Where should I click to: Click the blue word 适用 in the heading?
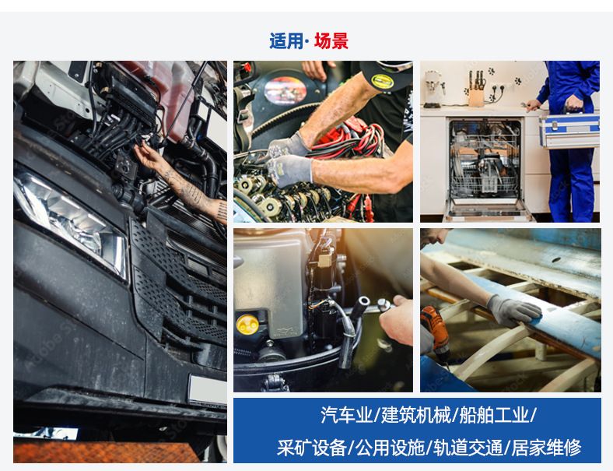tap(286, 41)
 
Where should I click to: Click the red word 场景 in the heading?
tap(331, 41)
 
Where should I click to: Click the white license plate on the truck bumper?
tap(207, 389)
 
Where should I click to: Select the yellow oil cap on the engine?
tap(247, 324)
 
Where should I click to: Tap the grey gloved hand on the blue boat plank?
tap(513, 310)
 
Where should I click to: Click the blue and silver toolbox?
tap(569, 129)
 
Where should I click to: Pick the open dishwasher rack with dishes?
tap(485, 161)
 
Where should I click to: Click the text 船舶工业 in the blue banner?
tap(494, 415)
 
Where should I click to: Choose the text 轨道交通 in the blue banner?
tap(468, 448)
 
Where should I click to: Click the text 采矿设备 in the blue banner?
tap(312, 448)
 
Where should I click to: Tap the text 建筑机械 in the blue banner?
tap(416, 415)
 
